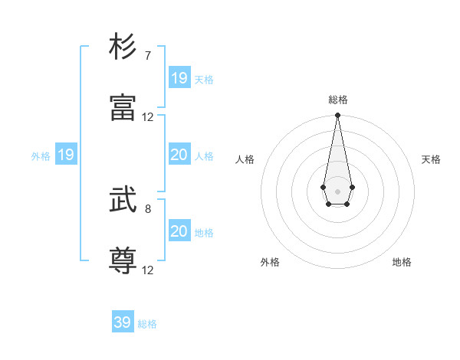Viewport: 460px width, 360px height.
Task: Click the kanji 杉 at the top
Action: pos(123,47)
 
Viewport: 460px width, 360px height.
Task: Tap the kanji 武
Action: pos(123,200)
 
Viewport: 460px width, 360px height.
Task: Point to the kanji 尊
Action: pos(123,260)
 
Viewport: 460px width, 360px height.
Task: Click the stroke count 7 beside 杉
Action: pos(148,56)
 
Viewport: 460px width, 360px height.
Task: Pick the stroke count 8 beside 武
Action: pos(148,208)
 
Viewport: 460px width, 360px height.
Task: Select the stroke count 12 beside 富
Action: pos(148,116)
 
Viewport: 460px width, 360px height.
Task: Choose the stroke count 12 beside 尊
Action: pos(148,270)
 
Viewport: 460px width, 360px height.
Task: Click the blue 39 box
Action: pos(123,322)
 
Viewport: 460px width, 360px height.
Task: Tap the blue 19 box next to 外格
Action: pos(66,155)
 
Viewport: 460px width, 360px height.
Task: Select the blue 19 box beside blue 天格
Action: pos(179,78)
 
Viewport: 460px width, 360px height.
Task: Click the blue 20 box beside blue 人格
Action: pos(179,155)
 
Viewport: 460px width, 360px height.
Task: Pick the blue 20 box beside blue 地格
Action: pos(179,231)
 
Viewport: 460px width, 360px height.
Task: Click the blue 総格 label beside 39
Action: pos(147,324)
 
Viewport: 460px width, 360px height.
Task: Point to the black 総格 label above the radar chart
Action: pos(338,100)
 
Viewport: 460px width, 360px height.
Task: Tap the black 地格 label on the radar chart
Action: pos(402,262)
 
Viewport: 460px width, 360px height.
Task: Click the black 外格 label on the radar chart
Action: pos(270,262)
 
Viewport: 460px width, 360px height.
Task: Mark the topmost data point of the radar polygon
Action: pos(337,116)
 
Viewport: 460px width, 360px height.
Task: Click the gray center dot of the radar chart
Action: pos(337,190)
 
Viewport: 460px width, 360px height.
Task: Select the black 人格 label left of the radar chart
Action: pos(245,159)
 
